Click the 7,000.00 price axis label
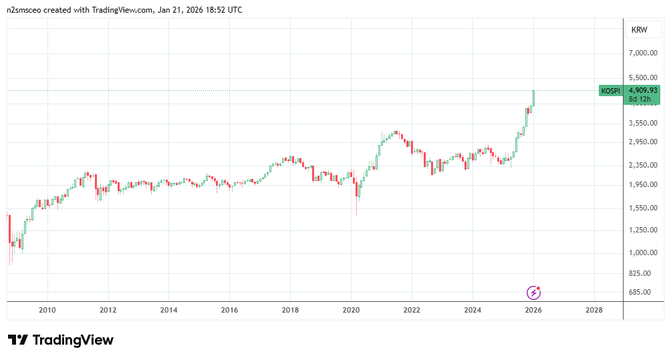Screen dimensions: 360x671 click(644, 53)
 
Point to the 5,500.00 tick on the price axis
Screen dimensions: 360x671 click(644, 78)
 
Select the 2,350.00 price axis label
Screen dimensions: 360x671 click(644, 165)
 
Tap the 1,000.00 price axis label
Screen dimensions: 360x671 click(644, 252)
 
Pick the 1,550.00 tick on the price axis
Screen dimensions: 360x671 click(644, 208)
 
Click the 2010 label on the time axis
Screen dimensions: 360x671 click(47, 310)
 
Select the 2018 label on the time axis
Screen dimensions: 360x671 click(290, 310)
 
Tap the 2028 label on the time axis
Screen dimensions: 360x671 click(593, 310)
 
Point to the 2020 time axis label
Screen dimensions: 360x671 click(351, 310)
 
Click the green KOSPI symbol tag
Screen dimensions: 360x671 click(610, 91)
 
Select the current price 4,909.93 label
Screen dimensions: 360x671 click(643, 90)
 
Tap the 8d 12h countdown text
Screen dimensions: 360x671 click(640, 99)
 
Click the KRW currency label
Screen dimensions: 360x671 click(640, 30)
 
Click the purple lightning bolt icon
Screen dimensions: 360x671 click(533, 292)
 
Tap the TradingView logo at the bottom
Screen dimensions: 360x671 click(61, 340)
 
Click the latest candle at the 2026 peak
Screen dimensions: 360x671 click(533, 98)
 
